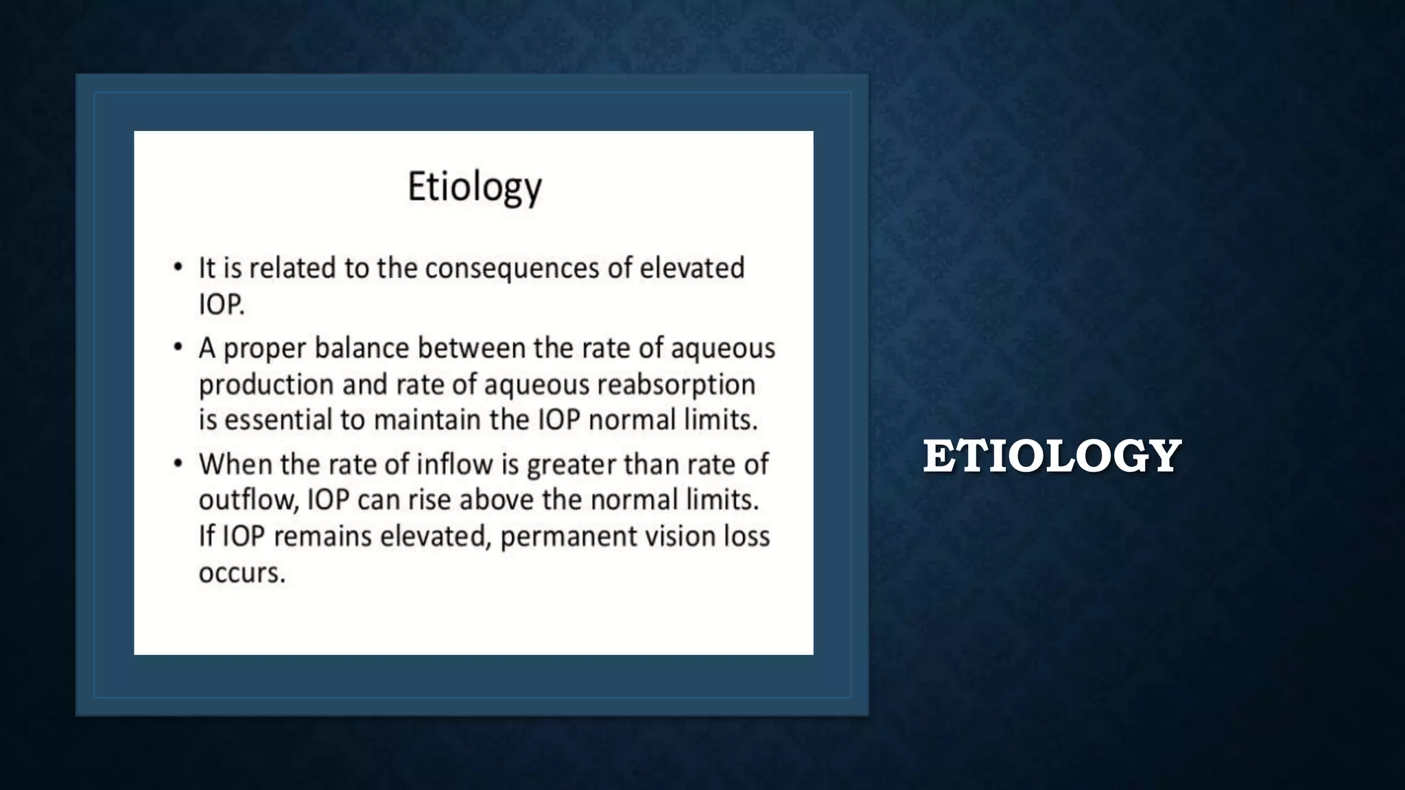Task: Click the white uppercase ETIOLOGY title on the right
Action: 1052,456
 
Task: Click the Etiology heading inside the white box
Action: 475,187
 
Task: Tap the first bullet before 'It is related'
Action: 178,267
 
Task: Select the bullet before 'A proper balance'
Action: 178,348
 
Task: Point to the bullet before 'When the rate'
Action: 178,464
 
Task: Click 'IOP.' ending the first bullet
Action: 221,304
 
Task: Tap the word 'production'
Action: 265,385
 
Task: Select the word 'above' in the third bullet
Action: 496,500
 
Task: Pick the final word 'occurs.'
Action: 241,573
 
